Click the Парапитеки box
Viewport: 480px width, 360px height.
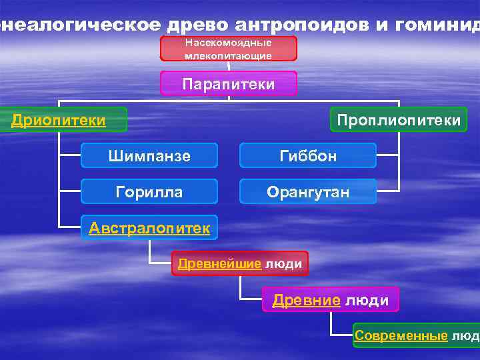click(229, 83)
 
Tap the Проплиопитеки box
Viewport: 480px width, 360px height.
click(399, 120)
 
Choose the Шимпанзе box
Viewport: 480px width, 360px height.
click(149, 156)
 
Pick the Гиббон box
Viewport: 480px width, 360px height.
click(307, 156)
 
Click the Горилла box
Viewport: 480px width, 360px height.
click(149, 192)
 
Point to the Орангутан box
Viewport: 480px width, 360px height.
click(307, 192)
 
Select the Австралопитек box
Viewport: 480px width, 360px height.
click(149, 229)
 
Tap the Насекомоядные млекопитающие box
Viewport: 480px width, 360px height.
click(229, 49)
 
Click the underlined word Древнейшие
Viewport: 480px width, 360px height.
click(219, 263)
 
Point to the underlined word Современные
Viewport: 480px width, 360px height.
click(401, 335)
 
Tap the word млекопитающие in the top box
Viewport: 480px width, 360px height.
click(229, 56)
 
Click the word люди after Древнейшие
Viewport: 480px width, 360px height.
click(283, 264)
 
